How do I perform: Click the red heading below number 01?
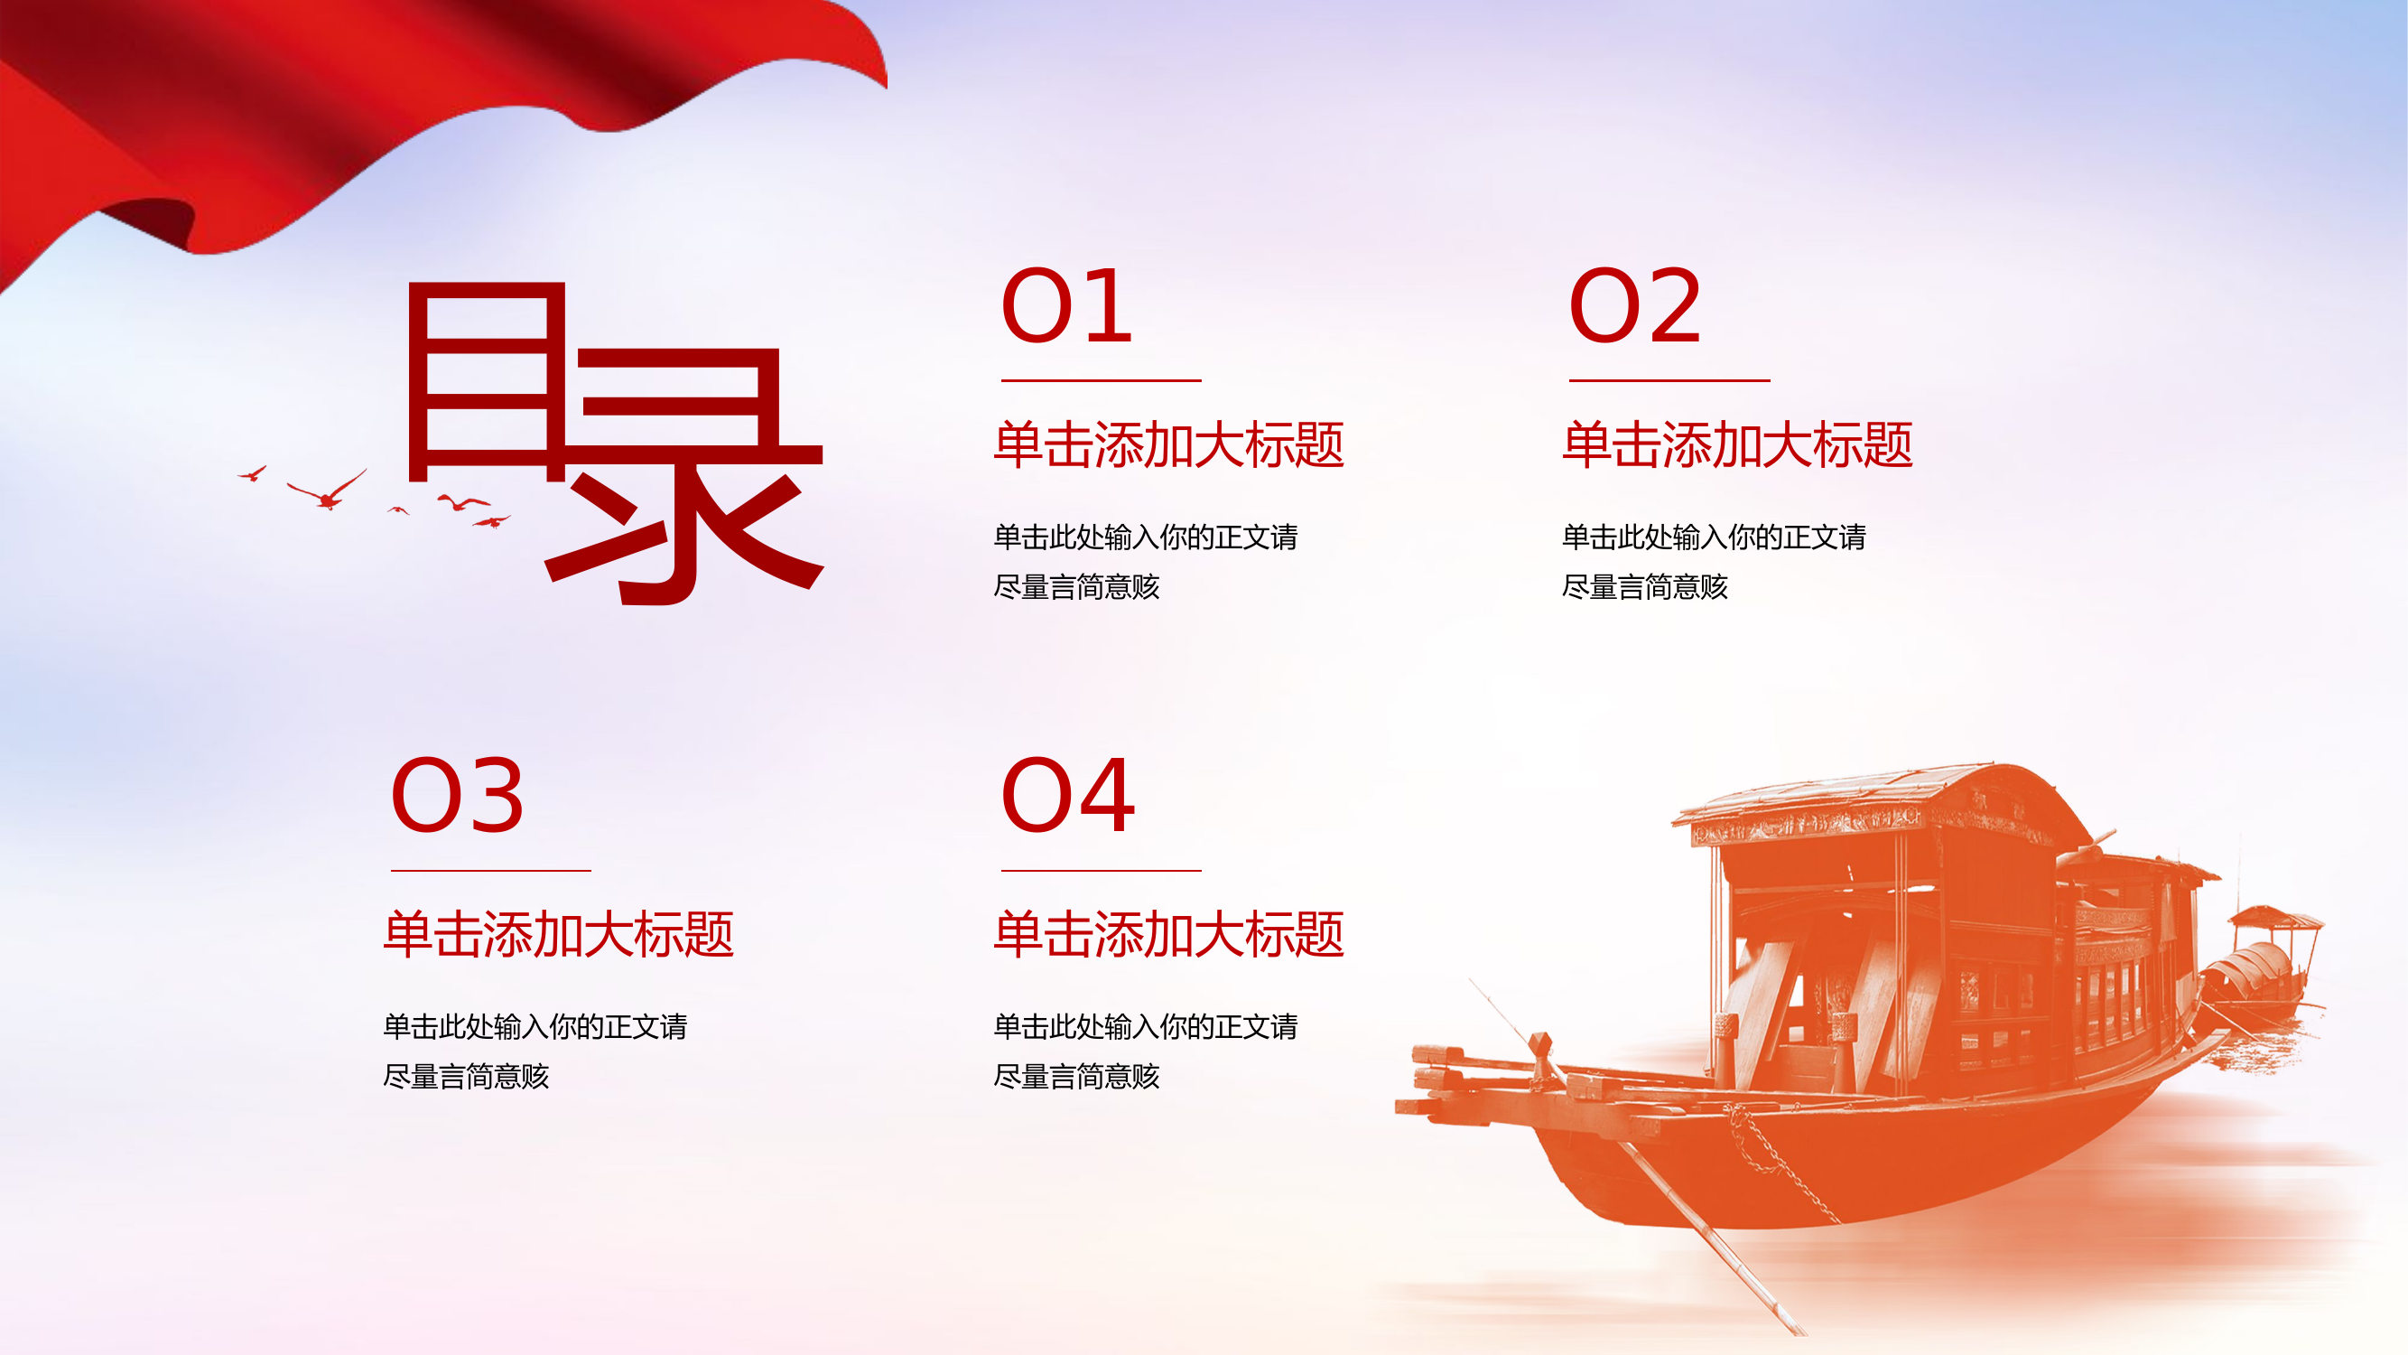[1168, 444]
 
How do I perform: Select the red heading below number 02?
[1737, 444]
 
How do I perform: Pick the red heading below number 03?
[558, 934]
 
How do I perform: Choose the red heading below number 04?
[1168, 934]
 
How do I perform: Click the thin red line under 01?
[1101, 380]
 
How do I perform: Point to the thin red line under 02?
[1669, 380]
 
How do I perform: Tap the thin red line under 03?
[491, 871]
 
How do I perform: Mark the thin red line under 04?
[1101, 871]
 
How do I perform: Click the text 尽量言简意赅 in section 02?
[1644, 587]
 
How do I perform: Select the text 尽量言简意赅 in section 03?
[466, 1078]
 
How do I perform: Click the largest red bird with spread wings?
[326, 491]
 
